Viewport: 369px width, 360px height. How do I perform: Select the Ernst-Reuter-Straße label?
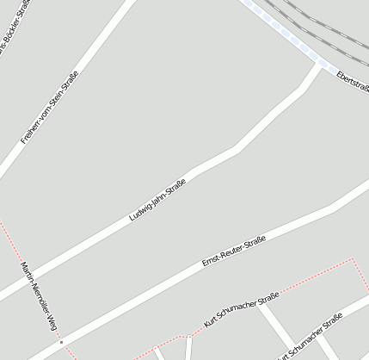pyautogui.click(x=233, y=251)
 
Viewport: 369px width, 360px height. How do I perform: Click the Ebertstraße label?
pyautogui.click(x=354, y=82)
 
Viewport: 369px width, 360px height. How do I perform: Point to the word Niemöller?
pyautogui.click(x=37, y=295)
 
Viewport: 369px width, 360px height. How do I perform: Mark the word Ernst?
pyautogui.click(x=210, y=262)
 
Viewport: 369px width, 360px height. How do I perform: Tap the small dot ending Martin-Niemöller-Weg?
pyautogui.click(x=61, y=341)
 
